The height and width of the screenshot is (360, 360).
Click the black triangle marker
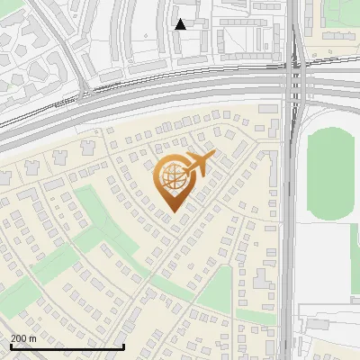[181, 24]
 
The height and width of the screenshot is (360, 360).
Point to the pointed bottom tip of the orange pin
[173, 211]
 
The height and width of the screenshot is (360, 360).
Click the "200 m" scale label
[23, 338]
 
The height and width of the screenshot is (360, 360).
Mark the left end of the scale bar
[10, 346]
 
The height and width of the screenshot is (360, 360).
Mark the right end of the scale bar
[123, 346]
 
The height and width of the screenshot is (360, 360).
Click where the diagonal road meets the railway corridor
[83, 90]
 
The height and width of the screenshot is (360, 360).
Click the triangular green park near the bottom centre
[216, 293]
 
